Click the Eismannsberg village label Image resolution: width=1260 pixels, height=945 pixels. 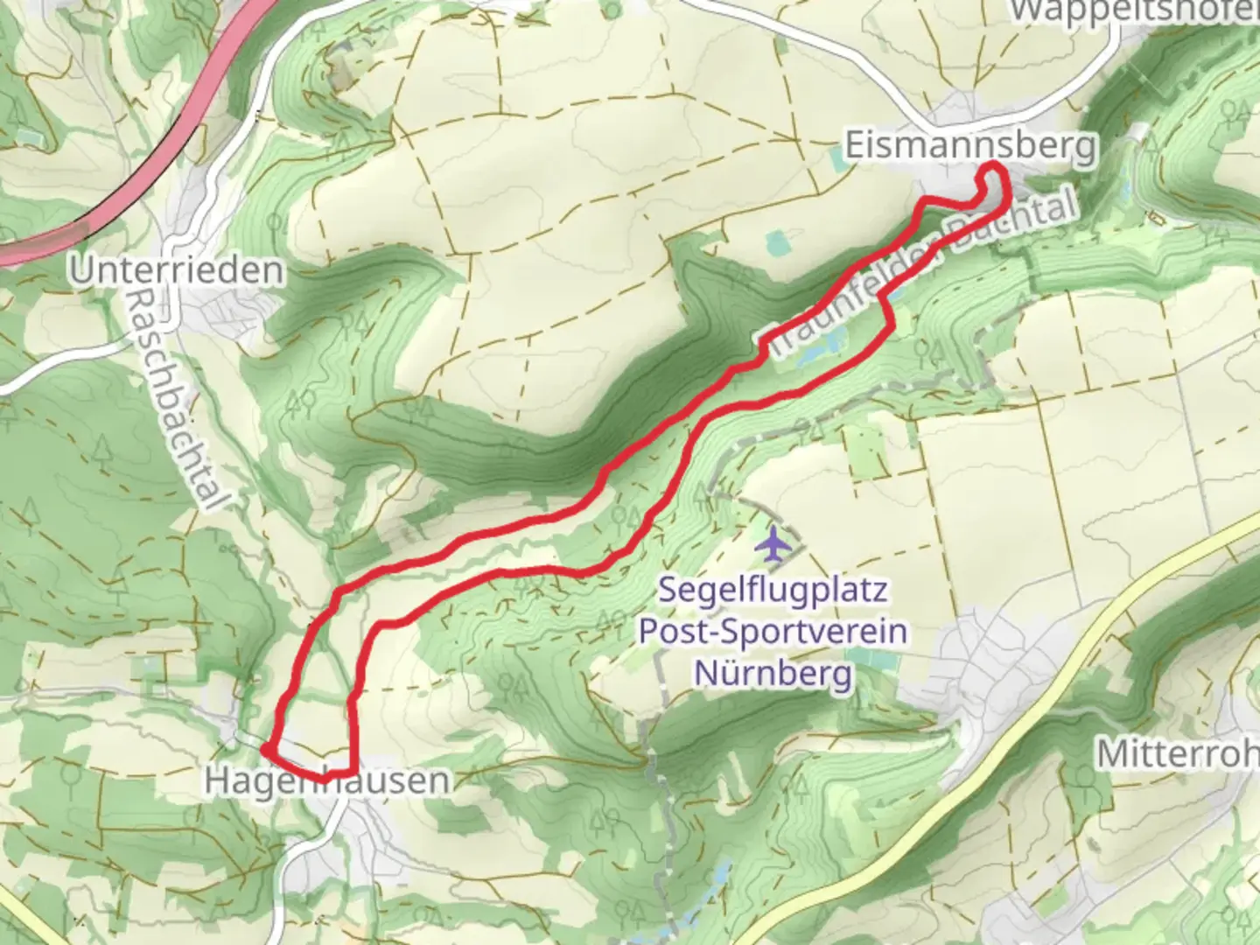pos(969,145)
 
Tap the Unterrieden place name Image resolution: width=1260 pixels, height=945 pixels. pos(177,270)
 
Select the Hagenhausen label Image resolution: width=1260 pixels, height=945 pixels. pos(328,781)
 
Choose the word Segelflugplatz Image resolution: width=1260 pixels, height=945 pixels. pos(773,590)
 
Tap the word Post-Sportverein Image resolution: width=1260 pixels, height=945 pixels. pos(773,631)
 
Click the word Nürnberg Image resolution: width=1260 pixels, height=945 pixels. pos(773,673)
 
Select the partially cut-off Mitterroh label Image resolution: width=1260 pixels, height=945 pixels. pos(1177,753)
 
